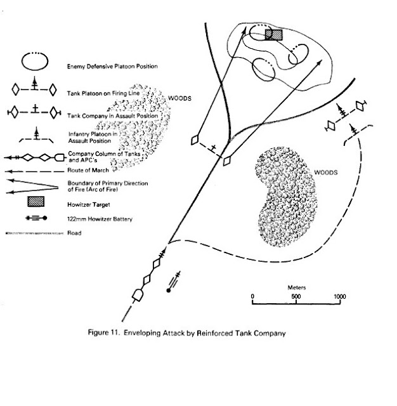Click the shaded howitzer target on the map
(x=274, y=34)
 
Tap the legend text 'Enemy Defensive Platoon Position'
(x=112, y=66)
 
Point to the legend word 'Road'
(x=73, y=233)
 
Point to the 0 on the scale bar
(x=252, y=296)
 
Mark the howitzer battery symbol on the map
(x=172, y=283)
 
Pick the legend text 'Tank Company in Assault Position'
(x=108, y=115)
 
